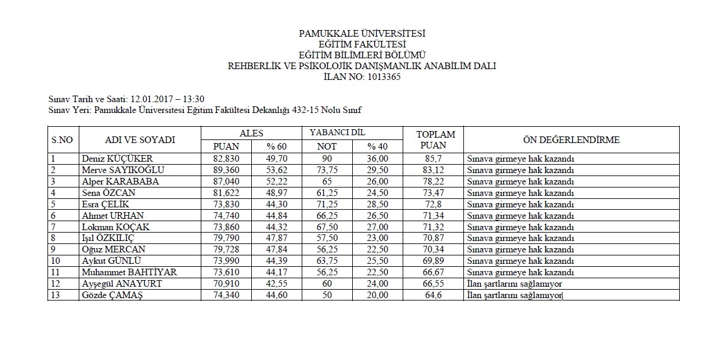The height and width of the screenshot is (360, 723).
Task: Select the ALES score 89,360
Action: click(227, 170)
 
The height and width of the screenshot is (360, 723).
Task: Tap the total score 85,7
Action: click(436, 159)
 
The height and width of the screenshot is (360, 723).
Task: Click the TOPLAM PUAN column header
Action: click(436, 140)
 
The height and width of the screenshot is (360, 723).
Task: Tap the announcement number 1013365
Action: click(380, 77)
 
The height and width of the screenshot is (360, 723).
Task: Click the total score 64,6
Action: click(436, 295)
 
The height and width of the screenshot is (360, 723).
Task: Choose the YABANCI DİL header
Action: click(337, 132)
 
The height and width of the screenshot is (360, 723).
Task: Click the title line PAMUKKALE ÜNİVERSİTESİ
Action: click(362, 34)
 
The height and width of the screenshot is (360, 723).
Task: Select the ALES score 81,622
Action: click(227, 193)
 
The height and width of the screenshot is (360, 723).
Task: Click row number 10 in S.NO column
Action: click(55, 261)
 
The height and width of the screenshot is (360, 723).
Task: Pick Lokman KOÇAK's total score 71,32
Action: click(436, 227)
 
